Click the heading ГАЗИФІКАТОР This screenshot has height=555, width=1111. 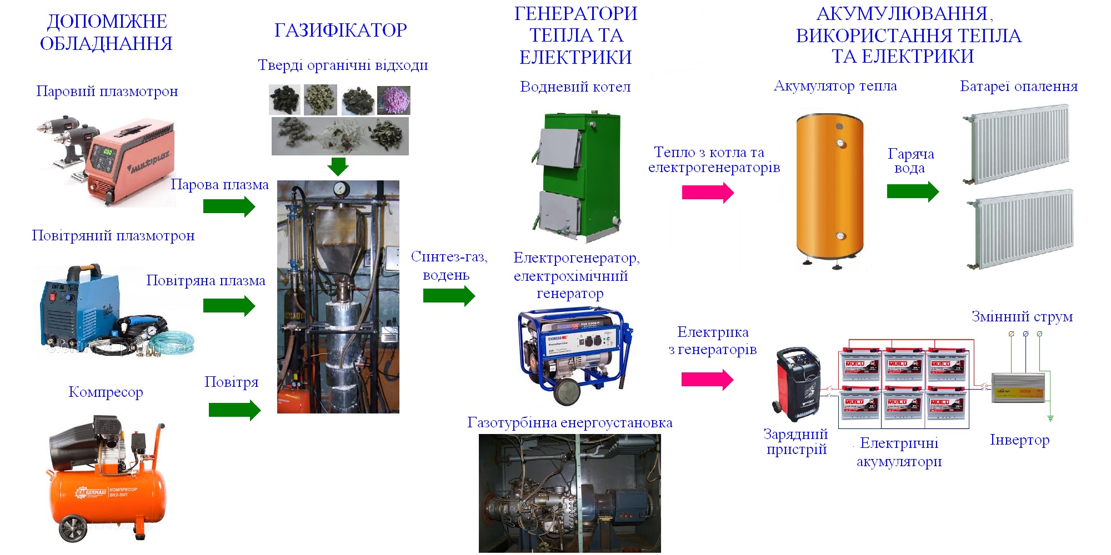point(341,30)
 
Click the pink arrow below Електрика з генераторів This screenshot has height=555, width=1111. point(707,380)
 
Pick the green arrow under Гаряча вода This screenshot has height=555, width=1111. point(913,191)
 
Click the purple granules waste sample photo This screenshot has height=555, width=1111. point(393,100)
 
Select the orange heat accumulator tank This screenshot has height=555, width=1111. point(830,189)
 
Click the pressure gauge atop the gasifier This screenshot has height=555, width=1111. point(338,188)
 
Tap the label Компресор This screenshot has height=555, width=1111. point(106,392)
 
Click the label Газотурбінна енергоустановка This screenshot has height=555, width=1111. point(570,423)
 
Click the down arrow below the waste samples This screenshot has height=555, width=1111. point(338,165)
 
